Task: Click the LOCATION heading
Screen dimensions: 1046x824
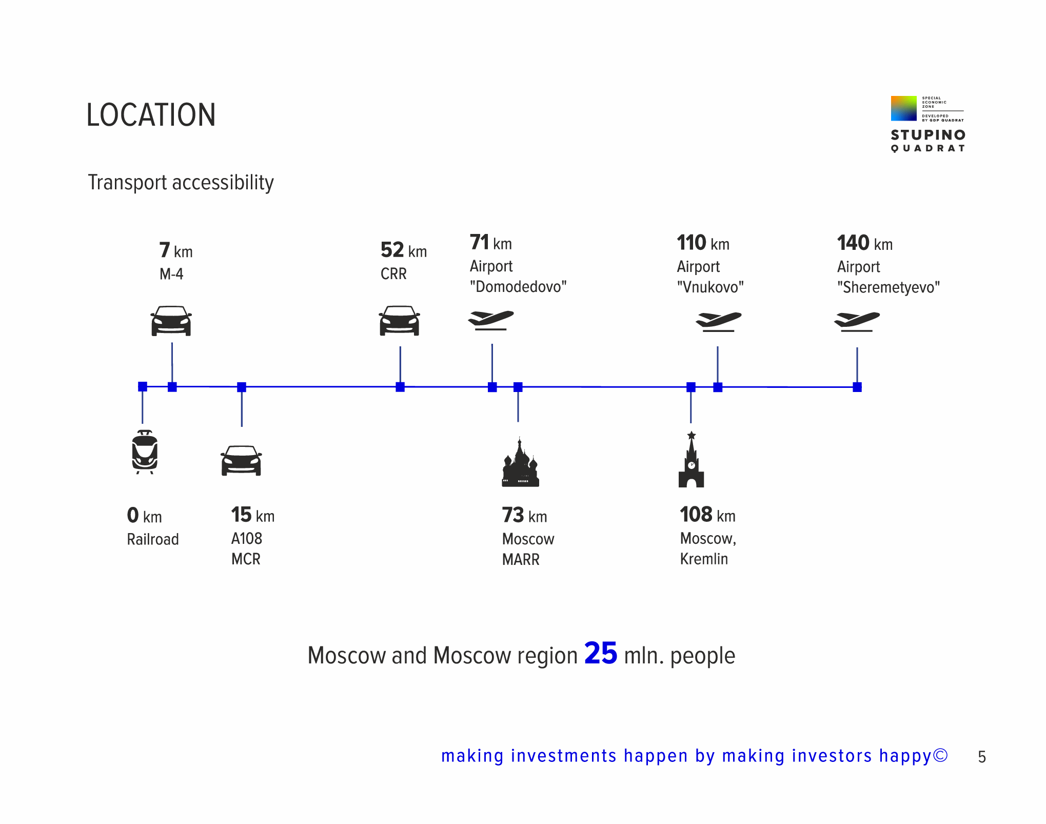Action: [151, 114]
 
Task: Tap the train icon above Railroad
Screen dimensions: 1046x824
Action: [145, 452]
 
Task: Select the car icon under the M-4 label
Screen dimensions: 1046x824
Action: [171, 321]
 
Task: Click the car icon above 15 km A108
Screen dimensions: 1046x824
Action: [241, 460]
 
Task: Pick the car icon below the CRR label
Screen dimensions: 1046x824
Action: [400, 320]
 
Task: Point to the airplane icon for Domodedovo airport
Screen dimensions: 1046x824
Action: [491, 320]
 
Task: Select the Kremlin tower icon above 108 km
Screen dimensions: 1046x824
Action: [692, 459]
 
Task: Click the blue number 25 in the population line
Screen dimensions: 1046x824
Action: [601, 653]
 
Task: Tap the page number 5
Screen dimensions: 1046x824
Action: [982, 757]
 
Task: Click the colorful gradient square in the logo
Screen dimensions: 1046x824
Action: [904, 108]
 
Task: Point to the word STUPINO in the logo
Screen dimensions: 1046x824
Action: [929, 135]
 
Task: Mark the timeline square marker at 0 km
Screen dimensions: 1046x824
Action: [143, 386]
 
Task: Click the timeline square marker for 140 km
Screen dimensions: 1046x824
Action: [857, 387]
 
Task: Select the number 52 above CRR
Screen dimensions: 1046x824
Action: [392, 250]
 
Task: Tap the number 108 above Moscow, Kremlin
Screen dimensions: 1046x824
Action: [696, 514]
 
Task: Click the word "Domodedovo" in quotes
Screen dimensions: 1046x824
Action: [518, 286]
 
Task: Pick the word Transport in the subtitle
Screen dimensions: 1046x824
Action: [128, 183]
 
